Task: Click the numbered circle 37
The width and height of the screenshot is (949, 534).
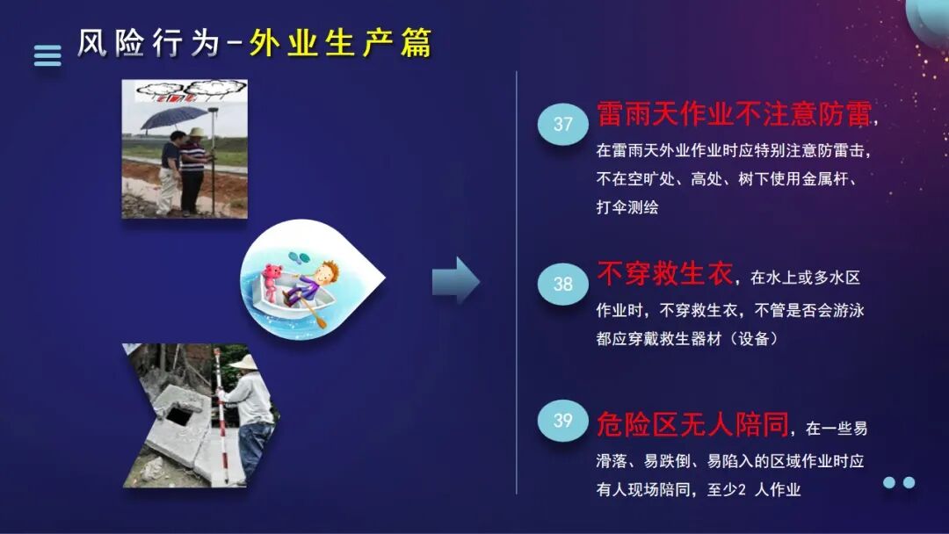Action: point(562,124)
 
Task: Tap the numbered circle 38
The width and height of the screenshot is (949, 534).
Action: point(562,284)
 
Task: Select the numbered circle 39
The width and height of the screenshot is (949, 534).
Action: point(562,420)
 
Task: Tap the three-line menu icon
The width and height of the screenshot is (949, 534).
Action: point(47,55)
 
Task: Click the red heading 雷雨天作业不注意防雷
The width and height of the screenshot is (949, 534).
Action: point(734,114)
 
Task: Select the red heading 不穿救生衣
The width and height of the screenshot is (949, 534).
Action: point(664,275)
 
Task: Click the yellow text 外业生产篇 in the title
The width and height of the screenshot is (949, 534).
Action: point(340,43)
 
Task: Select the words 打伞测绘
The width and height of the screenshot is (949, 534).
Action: point(627,208)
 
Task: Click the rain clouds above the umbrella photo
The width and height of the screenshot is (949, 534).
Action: point(184,89)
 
